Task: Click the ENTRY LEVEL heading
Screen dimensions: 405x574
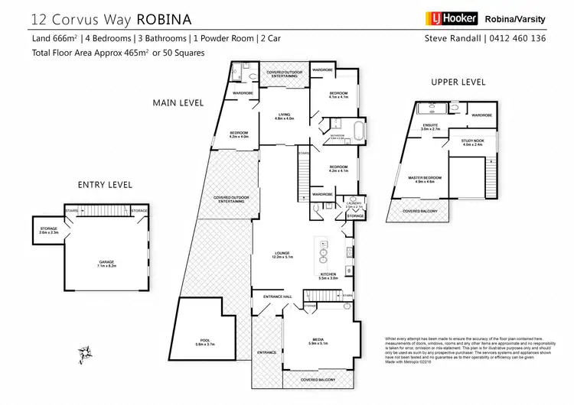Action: [105, 185]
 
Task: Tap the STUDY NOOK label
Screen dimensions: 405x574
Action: [472, 141]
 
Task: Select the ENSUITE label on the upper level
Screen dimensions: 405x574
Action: [431, 126]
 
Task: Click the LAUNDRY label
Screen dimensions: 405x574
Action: [355, 203]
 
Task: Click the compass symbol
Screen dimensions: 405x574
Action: [85, 352]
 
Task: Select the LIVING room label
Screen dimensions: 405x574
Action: [285, 115]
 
